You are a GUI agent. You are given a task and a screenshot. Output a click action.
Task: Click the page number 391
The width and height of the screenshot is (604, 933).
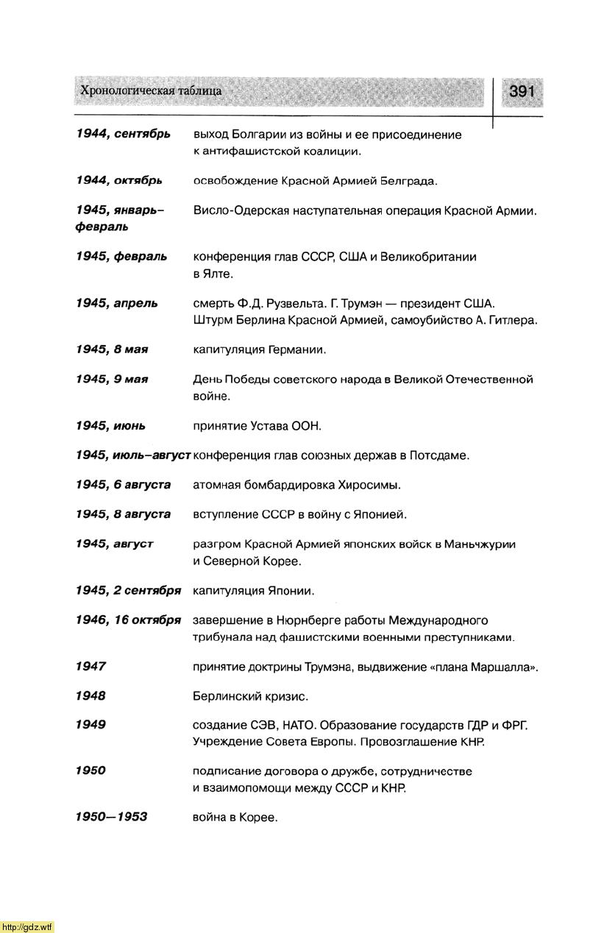coord(521,91)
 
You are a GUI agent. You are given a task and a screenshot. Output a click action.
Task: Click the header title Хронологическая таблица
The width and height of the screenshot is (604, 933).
coord(151,91)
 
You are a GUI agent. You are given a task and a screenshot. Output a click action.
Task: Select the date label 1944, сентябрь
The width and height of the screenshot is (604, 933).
coord(123,134)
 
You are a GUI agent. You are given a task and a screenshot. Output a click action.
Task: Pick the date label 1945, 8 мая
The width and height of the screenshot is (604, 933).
coord(112,349)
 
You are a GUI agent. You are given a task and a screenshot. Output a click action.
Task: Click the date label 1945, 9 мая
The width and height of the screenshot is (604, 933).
coord(112,379)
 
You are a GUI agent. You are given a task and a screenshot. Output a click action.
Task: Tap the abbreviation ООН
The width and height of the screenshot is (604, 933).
coord(306,426)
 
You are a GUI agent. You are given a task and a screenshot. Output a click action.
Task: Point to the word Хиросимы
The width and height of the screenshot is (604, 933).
coord(369,485)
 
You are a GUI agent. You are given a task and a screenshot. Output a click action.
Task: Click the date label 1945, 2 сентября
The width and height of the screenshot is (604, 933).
coord(128,590)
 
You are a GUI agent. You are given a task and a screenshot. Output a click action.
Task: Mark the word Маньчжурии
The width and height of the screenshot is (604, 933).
coord(480,544)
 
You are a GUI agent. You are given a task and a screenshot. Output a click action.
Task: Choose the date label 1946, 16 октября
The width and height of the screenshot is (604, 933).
coord(128,620)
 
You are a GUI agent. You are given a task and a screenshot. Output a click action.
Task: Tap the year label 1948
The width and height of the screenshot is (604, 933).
coord(90,695)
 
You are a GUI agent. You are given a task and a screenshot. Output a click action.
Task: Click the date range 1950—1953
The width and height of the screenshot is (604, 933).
coord(111,817)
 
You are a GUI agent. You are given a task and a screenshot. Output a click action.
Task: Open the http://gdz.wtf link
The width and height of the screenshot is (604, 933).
coord(27,926)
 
